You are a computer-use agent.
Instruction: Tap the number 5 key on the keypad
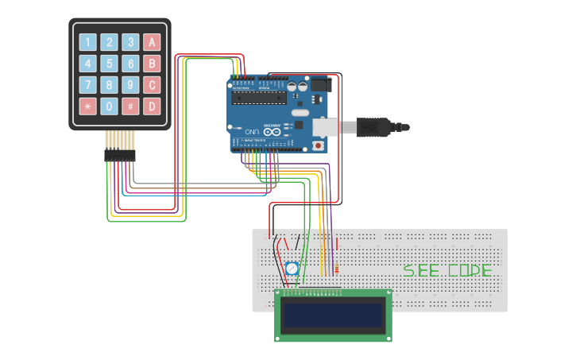[109, 64]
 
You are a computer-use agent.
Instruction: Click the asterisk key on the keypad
[87, 106]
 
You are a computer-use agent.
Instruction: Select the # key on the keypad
[130, 106]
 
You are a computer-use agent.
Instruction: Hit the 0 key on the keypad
[109, 106]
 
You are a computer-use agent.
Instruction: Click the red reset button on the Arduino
[319, 145]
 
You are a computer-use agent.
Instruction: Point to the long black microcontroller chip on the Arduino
[259, 98]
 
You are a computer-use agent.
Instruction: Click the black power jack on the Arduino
[319, 83]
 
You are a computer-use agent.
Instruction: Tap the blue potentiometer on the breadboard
[292, 269]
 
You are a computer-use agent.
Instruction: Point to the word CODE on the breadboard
[470, 270]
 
